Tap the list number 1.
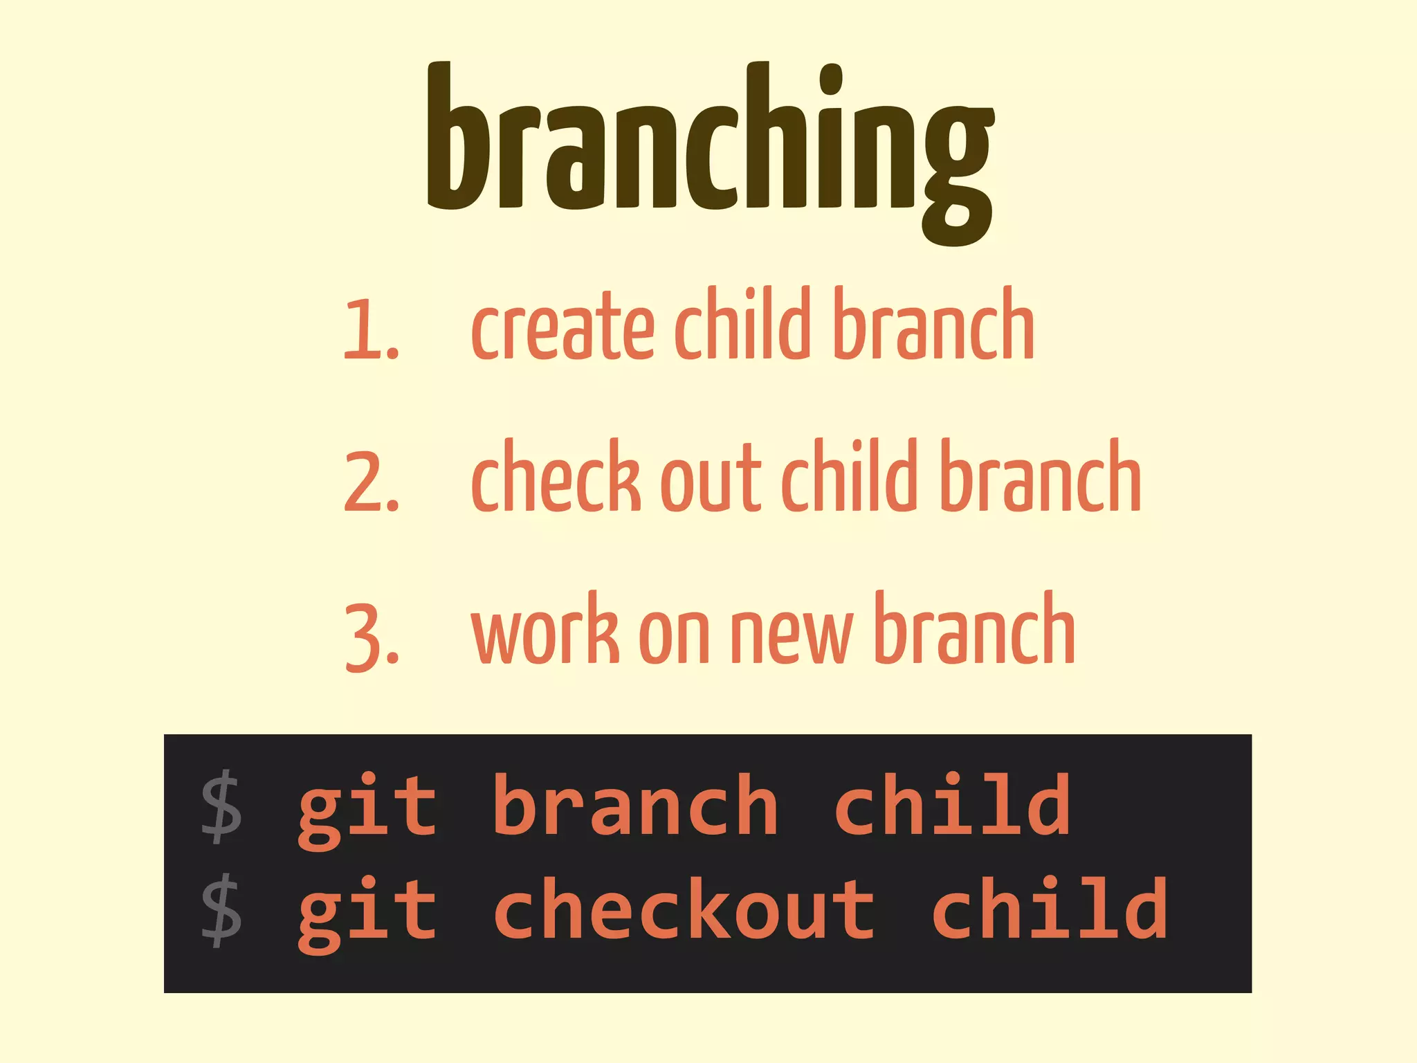click(370, 329)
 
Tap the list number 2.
click(370, 482)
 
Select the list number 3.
click(372, 635)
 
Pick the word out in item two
click(711, 482)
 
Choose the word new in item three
click(791, 635)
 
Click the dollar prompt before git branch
click(221, 808)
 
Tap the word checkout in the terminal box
click(684, 908)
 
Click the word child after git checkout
click(1050, 908)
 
